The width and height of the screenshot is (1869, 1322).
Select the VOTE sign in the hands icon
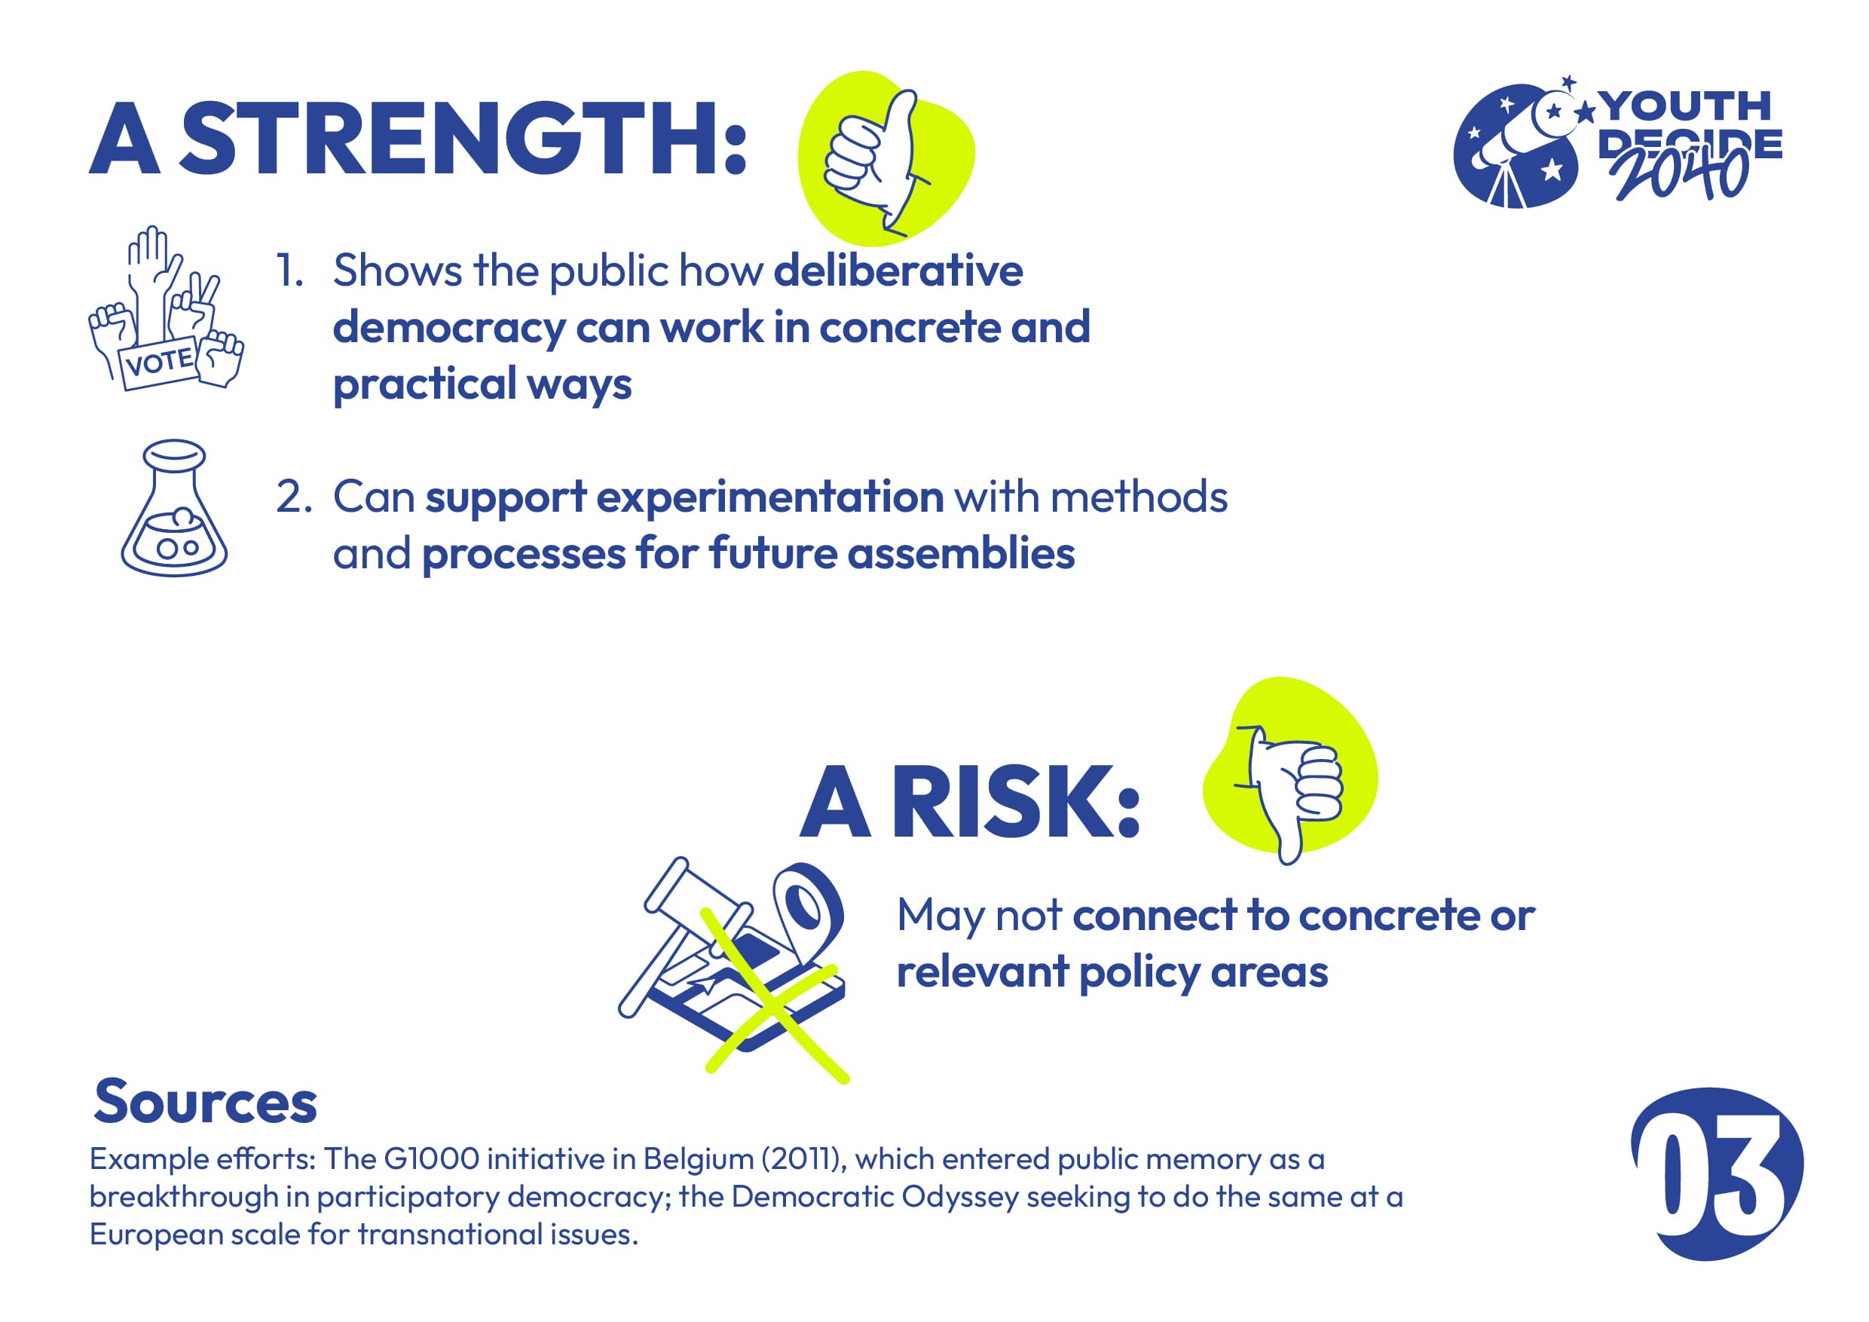160,363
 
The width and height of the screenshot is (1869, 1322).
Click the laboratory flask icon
174,508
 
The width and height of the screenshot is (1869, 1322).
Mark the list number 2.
294,497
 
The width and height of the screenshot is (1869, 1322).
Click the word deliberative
898,271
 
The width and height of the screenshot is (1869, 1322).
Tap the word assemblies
961,553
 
